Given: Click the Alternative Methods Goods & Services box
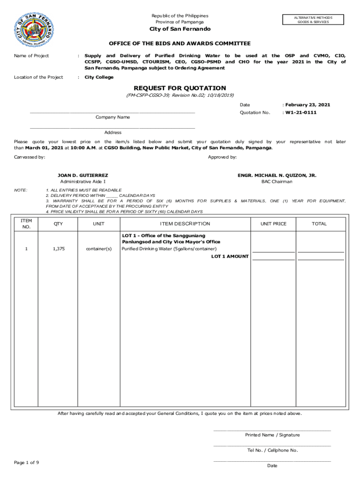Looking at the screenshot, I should tap(313, 20).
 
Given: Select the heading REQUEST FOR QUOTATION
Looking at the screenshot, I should tap(180, 88).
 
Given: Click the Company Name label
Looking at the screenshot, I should tap(113, 117).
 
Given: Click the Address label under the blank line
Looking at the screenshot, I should tap(113, 132).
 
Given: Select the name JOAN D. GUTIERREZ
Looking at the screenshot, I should tap(83, 175).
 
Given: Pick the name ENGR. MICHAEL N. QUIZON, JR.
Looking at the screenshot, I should tap(277, 175).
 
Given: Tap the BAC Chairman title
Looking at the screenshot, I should tap(277, 181).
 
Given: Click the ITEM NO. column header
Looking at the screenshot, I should tap(26, 224).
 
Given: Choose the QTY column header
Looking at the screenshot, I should tap(58, 224).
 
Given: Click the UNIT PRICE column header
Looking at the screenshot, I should tap(274, 224).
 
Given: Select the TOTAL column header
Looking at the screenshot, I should tap(319, 224).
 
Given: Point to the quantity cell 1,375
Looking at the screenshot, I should tap(58, 249).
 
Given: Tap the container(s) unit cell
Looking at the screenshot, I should tap(99, 249).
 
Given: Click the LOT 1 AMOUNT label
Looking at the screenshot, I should tap(230, 256).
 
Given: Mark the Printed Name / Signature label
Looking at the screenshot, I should tap(272, 435).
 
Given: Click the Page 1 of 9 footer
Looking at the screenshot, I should tap(27, 463).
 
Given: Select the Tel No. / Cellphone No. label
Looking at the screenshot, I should tap(272, 450).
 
